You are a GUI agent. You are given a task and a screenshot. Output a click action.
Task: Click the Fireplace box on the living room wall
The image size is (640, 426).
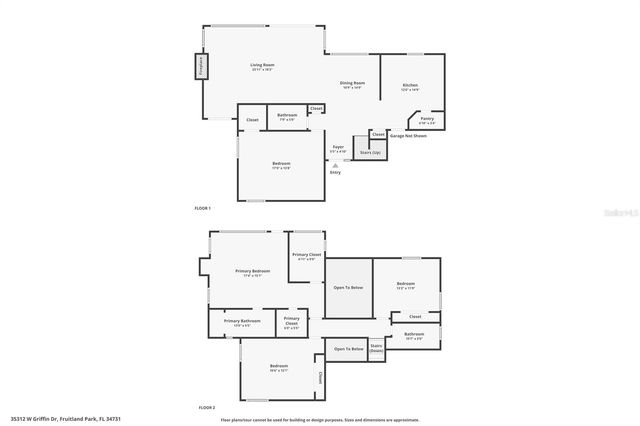(201, 67)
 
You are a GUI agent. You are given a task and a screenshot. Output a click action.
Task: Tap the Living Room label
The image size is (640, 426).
(262, 66)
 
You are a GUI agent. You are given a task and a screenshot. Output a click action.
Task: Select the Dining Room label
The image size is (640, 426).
(351, 83)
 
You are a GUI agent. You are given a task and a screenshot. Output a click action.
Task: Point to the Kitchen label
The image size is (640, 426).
(410, 86)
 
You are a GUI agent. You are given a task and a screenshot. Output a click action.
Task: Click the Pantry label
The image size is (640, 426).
(427, 119)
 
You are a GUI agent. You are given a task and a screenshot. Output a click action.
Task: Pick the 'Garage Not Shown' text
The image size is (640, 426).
(408, 135)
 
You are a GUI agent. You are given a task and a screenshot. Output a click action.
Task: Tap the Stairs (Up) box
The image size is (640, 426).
(369, 152)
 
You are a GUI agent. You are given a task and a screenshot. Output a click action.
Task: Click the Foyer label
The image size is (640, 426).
(338, 147)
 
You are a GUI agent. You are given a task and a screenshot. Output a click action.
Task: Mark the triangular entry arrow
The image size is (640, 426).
(334, 165)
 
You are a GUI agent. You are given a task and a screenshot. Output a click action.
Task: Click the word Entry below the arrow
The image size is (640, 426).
(335, 172)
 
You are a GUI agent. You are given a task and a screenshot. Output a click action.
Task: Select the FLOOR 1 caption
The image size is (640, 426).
(203, 207)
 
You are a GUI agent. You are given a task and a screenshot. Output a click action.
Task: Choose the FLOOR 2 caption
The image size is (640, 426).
(207, 408)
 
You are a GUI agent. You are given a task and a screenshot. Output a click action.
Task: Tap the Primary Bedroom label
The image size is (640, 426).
(252, 271)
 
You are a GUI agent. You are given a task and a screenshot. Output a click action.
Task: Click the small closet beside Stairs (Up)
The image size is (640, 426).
(378, 133)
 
